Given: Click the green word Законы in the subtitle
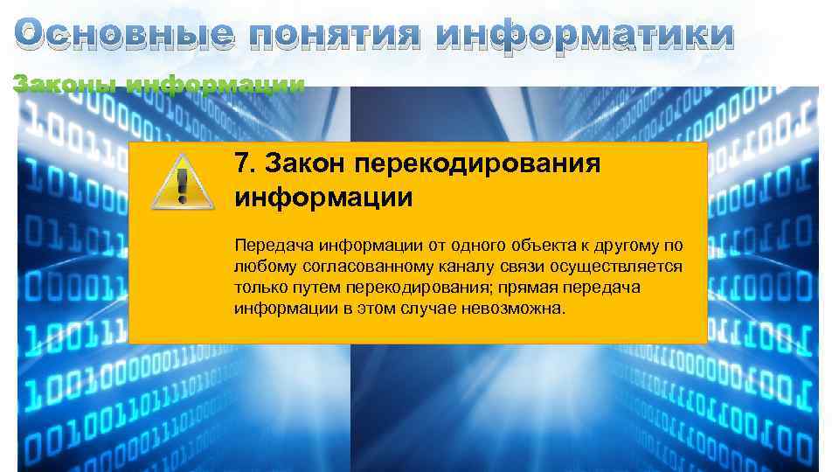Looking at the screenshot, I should (x=66, y=86).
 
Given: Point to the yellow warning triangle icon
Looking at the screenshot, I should (x=181, y=181).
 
